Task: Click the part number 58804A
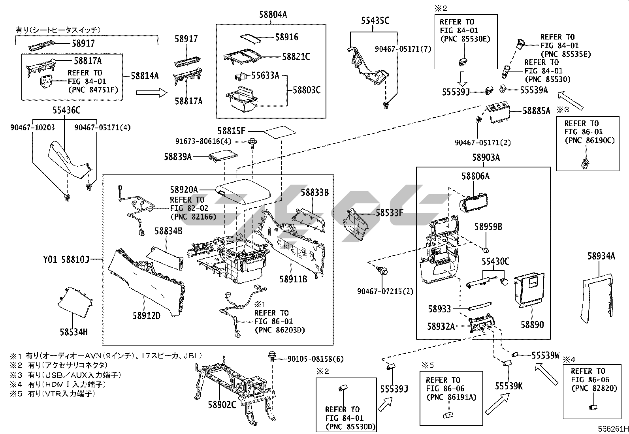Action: coord(273,15)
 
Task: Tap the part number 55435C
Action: coord(375,21)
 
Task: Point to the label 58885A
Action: coord(536,111)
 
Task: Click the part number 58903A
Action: coord(486,158)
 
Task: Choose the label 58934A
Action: coord(601,256)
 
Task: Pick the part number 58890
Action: coord(532,325)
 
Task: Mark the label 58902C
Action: coord(222,404)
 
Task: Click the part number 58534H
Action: coord(74,332)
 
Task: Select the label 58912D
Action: coord(147,316)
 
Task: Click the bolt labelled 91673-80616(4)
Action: coord(251,142)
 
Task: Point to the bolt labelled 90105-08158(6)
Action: coord(272,355)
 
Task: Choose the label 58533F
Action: coord(389,213)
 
